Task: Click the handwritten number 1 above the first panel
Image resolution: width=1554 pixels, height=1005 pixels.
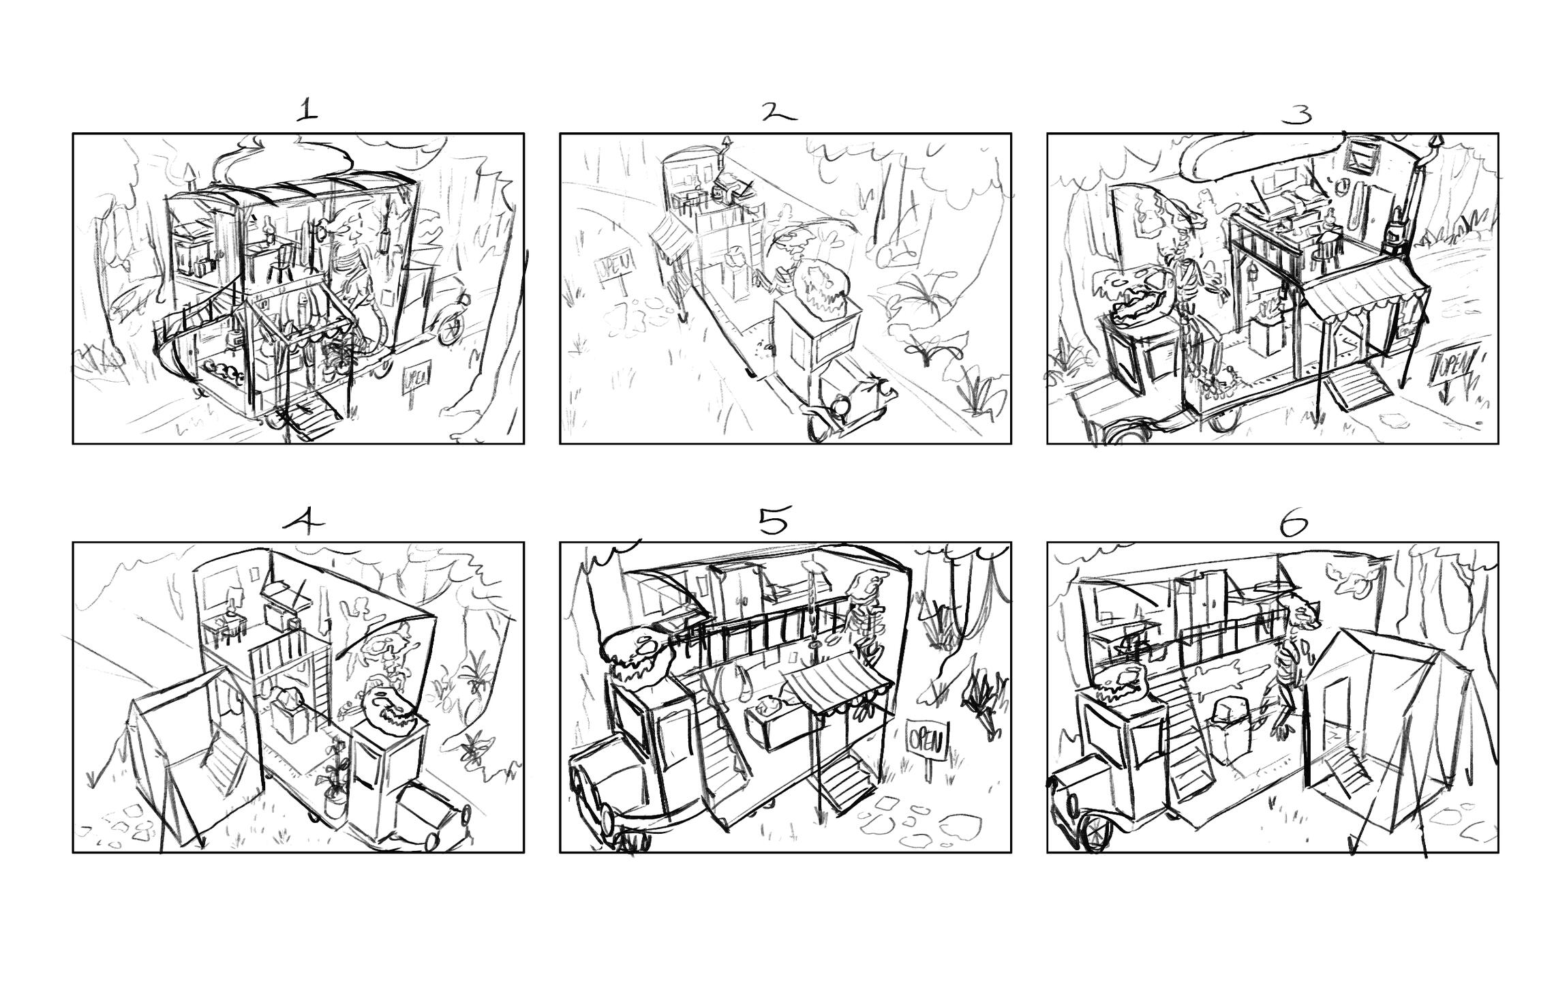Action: (x=308, y=109)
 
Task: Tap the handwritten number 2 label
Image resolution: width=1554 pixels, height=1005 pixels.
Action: (x=778, y=112)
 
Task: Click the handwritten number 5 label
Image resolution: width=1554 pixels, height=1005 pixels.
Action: (x=773, y=520)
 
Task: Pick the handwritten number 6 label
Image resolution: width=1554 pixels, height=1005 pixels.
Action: (x=1294, y=524)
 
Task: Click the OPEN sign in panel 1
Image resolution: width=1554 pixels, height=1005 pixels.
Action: (x=416, y=377)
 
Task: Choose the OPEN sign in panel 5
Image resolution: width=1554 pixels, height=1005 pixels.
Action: (x=927, y=740)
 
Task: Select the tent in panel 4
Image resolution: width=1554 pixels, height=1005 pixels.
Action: (x=194, y=750)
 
